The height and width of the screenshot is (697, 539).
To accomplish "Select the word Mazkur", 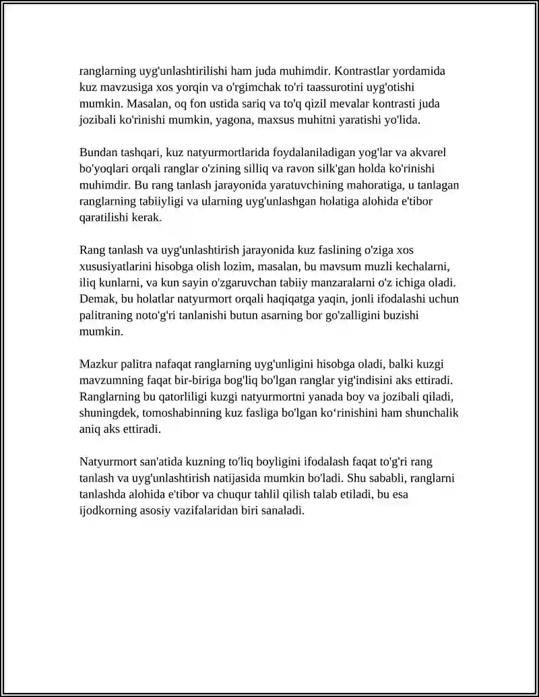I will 99,365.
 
